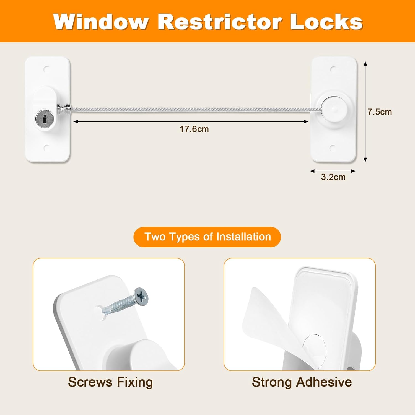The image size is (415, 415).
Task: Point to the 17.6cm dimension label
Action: (x=194, y=129)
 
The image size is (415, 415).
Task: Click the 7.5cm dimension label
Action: (x=380, y=112)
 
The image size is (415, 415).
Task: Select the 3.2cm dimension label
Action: (x=333, y=177)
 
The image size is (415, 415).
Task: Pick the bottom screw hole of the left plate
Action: (x=46, y=147)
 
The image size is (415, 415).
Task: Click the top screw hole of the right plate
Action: (x=333, y=69)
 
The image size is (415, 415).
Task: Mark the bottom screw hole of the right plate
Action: (x=333, y=148)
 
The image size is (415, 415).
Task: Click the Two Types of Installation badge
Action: (x=207, y=237)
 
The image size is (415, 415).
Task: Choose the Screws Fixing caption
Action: (x=110, y=382)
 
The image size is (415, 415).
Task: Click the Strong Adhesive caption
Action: (x=302, y=382)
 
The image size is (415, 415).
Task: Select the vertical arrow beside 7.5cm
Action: (x=365, y=112)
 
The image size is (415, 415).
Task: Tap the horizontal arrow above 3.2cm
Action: (x=333, y=171)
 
